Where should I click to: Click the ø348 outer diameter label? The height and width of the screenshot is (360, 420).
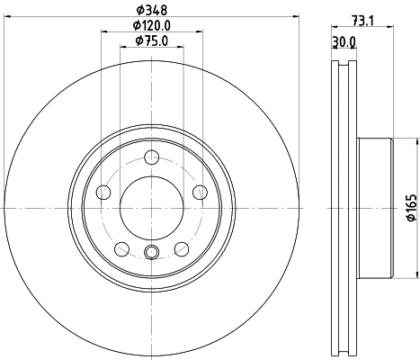[x=150, y=12]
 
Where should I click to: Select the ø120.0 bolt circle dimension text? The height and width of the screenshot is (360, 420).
[x=150, y=26]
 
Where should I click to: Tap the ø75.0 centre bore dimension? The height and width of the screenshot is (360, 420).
[x=150, y=40]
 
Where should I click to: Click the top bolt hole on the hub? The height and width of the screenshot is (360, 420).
[x=150, y=158]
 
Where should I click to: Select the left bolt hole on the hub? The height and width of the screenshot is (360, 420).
[x=103, y=192]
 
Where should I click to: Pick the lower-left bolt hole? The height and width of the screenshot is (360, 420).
[x=121, y=247]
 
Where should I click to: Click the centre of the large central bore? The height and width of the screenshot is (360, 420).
[x=150, y=207]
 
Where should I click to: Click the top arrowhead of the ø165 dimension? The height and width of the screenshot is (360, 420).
[x=415, y=140]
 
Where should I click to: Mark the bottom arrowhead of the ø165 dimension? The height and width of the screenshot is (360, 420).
[x=415, y=274]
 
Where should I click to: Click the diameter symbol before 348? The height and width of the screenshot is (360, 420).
[x=138, y=12]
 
